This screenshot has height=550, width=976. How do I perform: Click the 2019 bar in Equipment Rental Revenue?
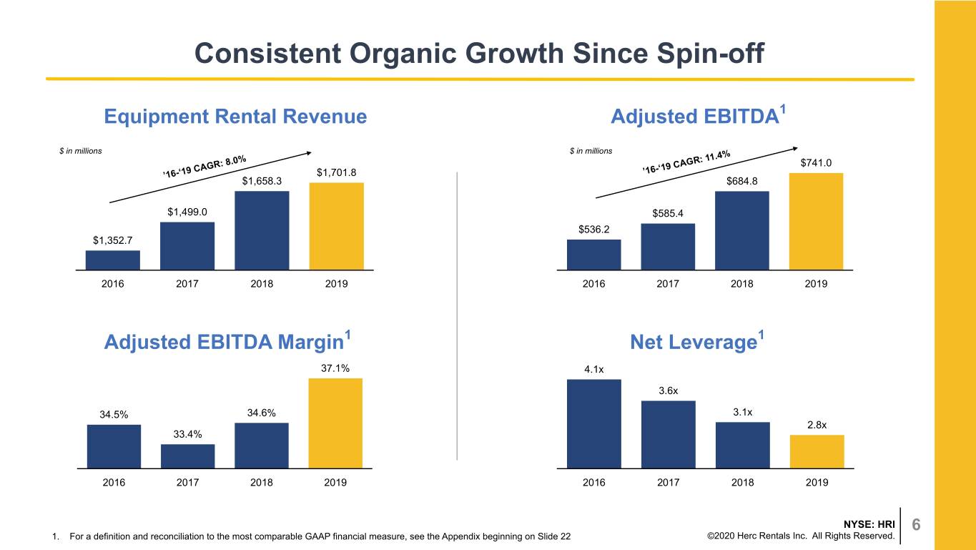coord(336,226)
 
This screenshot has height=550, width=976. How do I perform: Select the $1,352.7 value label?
coord(112,240)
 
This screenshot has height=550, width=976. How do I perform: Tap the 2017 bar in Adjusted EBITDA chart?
coord(668,247)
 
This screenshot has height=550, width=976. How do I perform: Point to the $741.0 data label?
coord(816,162)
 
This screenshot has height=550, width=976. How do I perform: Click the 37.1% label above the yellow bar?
coord(335,368)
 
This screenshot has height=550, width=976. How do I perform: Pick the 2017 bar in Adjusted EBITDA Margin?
coord(188,456)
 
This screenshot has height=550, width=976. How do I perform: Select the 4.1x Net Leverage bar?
coord(594,423)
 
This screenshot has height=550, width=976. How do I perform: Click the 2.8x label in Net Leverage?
coord(817,425)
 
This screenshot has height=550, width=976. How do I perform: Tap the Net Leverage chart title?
coord(697,341)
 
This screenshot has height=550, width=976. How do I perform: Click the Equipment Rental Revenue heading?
coord(235,117)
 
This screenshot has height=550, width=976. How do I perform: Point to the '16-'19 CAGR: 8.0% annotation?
coord(204,167)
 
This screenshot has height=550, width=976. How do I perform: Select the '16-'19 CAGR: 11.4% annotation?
coord(686,162)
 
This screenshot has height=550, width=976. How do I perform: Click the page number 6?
coord(917,524)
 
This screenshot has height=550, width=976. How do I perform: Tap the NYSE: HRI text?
coord(869,524)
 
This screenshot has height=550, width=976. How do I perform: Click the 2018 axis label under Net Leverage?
coord(742,483)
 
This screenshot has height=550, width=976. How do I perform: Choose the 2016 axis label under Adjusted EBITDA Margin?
coord(114,483)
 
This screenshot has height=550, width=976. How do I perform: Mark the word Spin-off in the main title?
coord(711,54)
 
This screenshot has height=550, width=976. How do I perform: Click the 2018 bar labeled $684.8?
coord(742,230)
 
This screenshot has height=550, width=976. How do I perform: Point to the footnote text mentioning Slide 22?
coord(320,536)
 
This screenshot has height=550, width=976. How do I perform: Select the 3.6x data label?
coord(669,391)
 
